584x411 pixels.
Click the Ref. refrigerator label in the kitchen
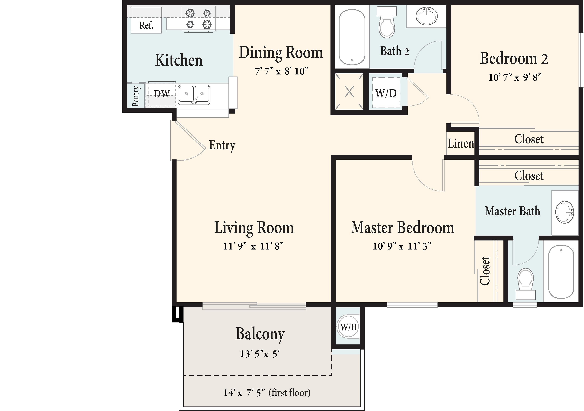[146, 25]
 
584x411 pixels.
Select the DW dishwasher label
[162, 94]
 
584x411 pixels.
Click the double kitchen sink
[194, 95]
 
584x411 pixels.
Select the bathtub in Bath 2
[352, 37]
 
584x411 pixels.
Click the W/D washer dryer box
[386, 93]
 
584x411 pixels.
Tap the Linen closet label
[461, 144]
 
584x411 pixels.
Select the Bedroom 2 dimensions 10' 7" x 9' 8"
[515, 77]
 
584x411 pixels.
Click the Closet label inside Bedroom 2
[529, 139]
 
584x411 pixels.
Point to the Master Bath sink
[565, 212]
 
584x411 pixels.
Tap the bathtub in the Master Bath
[561, 271]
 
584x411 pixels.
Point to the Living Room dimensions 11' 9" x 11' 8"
[253, 246]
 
